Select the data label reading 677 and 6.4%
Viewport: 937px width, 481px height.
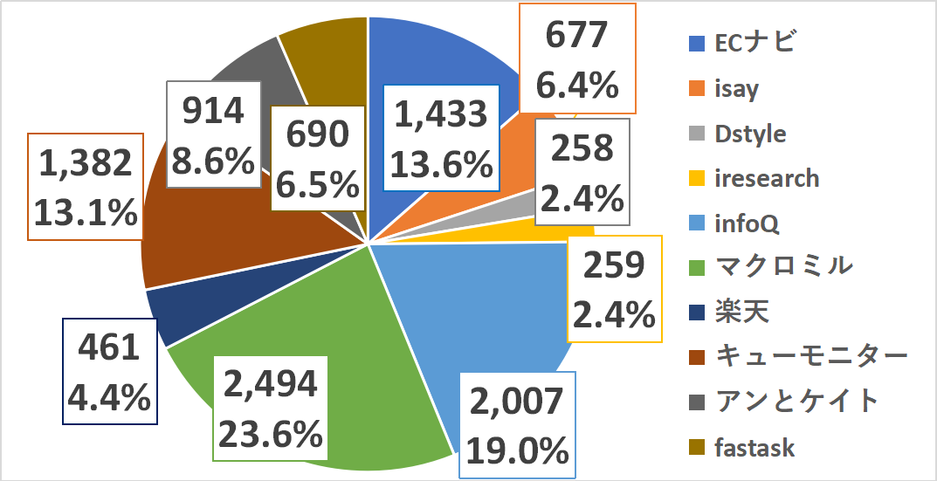tap(577, 58)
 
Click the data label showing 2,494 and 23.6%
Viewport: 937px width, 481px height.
tap(270, 407)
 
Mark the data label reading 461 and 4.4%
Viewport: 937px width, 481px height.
tap(109, 372)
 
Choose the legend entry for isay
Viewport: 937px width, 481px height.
tap(735, 88)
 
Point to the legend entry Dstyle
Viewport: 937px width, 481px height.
tap(749, 134)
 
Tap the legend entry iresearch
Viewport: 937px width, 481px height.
tap(766, 178)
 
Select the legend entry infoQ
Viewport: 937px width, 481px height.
tap(745, 223)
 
